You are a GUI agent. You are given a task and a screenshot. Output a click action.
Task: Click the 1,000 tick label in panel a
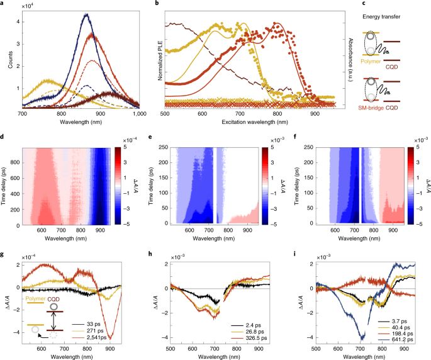coord(140,113)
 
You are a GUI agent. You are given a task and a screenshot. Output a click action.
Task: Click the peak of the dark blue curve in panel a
coord(87,14)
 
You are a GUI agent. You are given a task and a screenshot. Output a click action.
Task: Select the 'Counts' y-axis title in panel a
coord(11,59)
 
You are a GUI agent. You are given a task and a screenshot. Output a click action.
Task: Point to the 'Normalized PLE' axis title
coord(160,60)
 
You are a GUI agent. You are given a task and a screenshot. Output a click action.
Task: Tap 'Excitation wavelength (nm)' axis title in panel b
coord(255,122)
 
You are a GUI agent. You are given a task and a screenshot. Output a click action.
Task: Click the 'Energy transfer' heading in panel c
coord(381,17)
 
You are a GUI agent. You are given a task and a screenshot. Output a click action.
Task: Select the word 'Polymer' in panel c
coord(371,61)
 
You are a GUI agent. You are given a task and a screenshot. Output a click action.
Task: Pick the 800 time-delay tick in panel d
coord(16,162)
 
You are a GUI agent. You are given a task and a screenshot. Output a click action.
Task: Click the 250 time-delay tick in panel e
coord(163,147)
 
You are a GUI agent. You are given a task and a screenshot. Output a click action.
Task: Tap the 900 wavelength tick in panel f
coord(393,230)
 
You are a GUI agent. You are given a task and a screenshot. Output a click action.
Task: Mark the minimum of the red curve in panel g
coord(110,338)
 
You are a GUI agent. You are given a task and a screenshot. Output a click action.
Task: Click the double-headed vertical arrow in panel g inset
coord(54,321)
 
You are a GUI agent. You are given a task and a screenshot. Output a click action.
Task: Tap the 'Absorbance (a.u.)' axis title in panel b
coord(350,60)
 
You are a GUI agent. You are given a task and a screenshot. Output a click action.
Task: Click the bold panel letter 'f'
coord(295,137)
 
